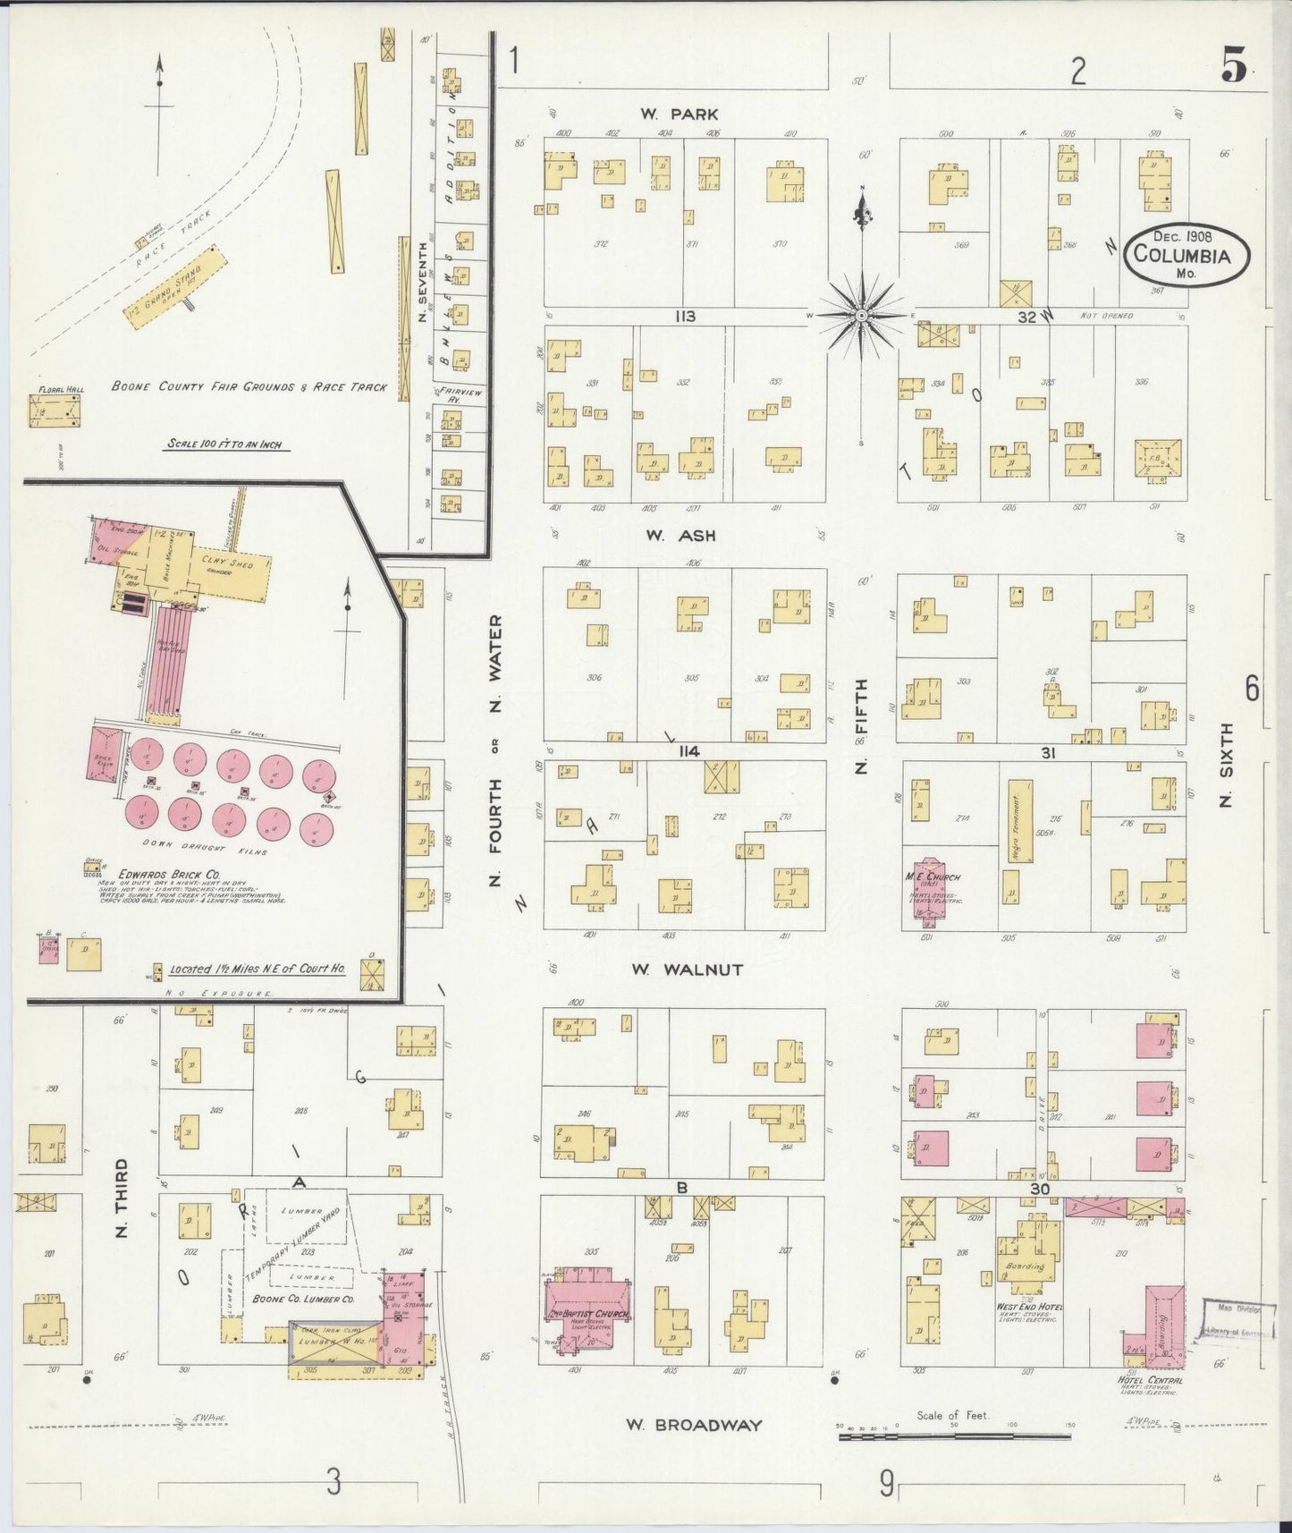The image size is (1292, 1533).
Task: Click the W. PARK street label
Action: [x=680, y=114]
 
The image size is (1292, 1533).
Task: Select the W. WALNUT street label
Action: [x=687, y=970]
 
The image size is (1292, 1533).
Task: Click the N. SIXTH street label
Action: [x=1226, y=764]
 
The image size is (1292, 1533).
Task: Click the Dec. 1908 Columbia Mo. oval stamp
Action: [x=1186, y=254]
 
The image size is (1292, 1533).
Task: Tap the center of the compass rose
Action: [x=861, y=315]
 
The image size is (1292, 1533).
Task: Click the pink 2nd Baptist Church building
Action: [x=587, y=1307]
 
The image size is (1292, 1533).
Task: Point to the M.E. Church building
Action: [x=930, y=885]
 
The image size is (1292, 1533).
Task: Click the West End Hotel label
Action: [x=1029, y=1307]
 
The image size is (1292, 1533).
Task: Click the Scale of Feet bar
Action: [x=954, y=1436]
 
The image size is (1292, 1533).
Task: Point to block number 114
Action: [x=687, y=751]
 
